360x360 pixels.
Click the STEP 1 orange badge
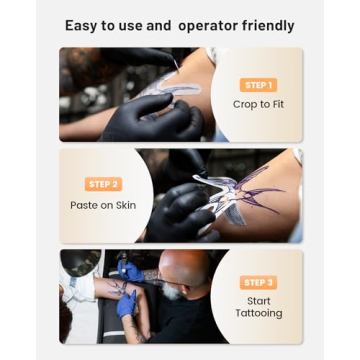258,85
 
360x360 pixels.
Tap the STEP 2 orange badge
104,184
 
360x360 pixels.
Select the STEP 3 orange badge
258,282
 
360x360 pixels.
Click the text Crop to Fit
258,104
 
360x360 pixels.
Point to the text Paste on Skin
103,204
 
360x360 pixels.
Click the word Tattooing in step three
258,313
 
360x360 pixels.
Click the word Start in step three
258,300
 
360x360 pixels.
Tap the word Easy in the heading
82,26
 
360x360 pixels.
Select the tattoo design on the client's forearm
117,289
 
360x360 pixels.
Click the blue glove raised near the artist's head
130,270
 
